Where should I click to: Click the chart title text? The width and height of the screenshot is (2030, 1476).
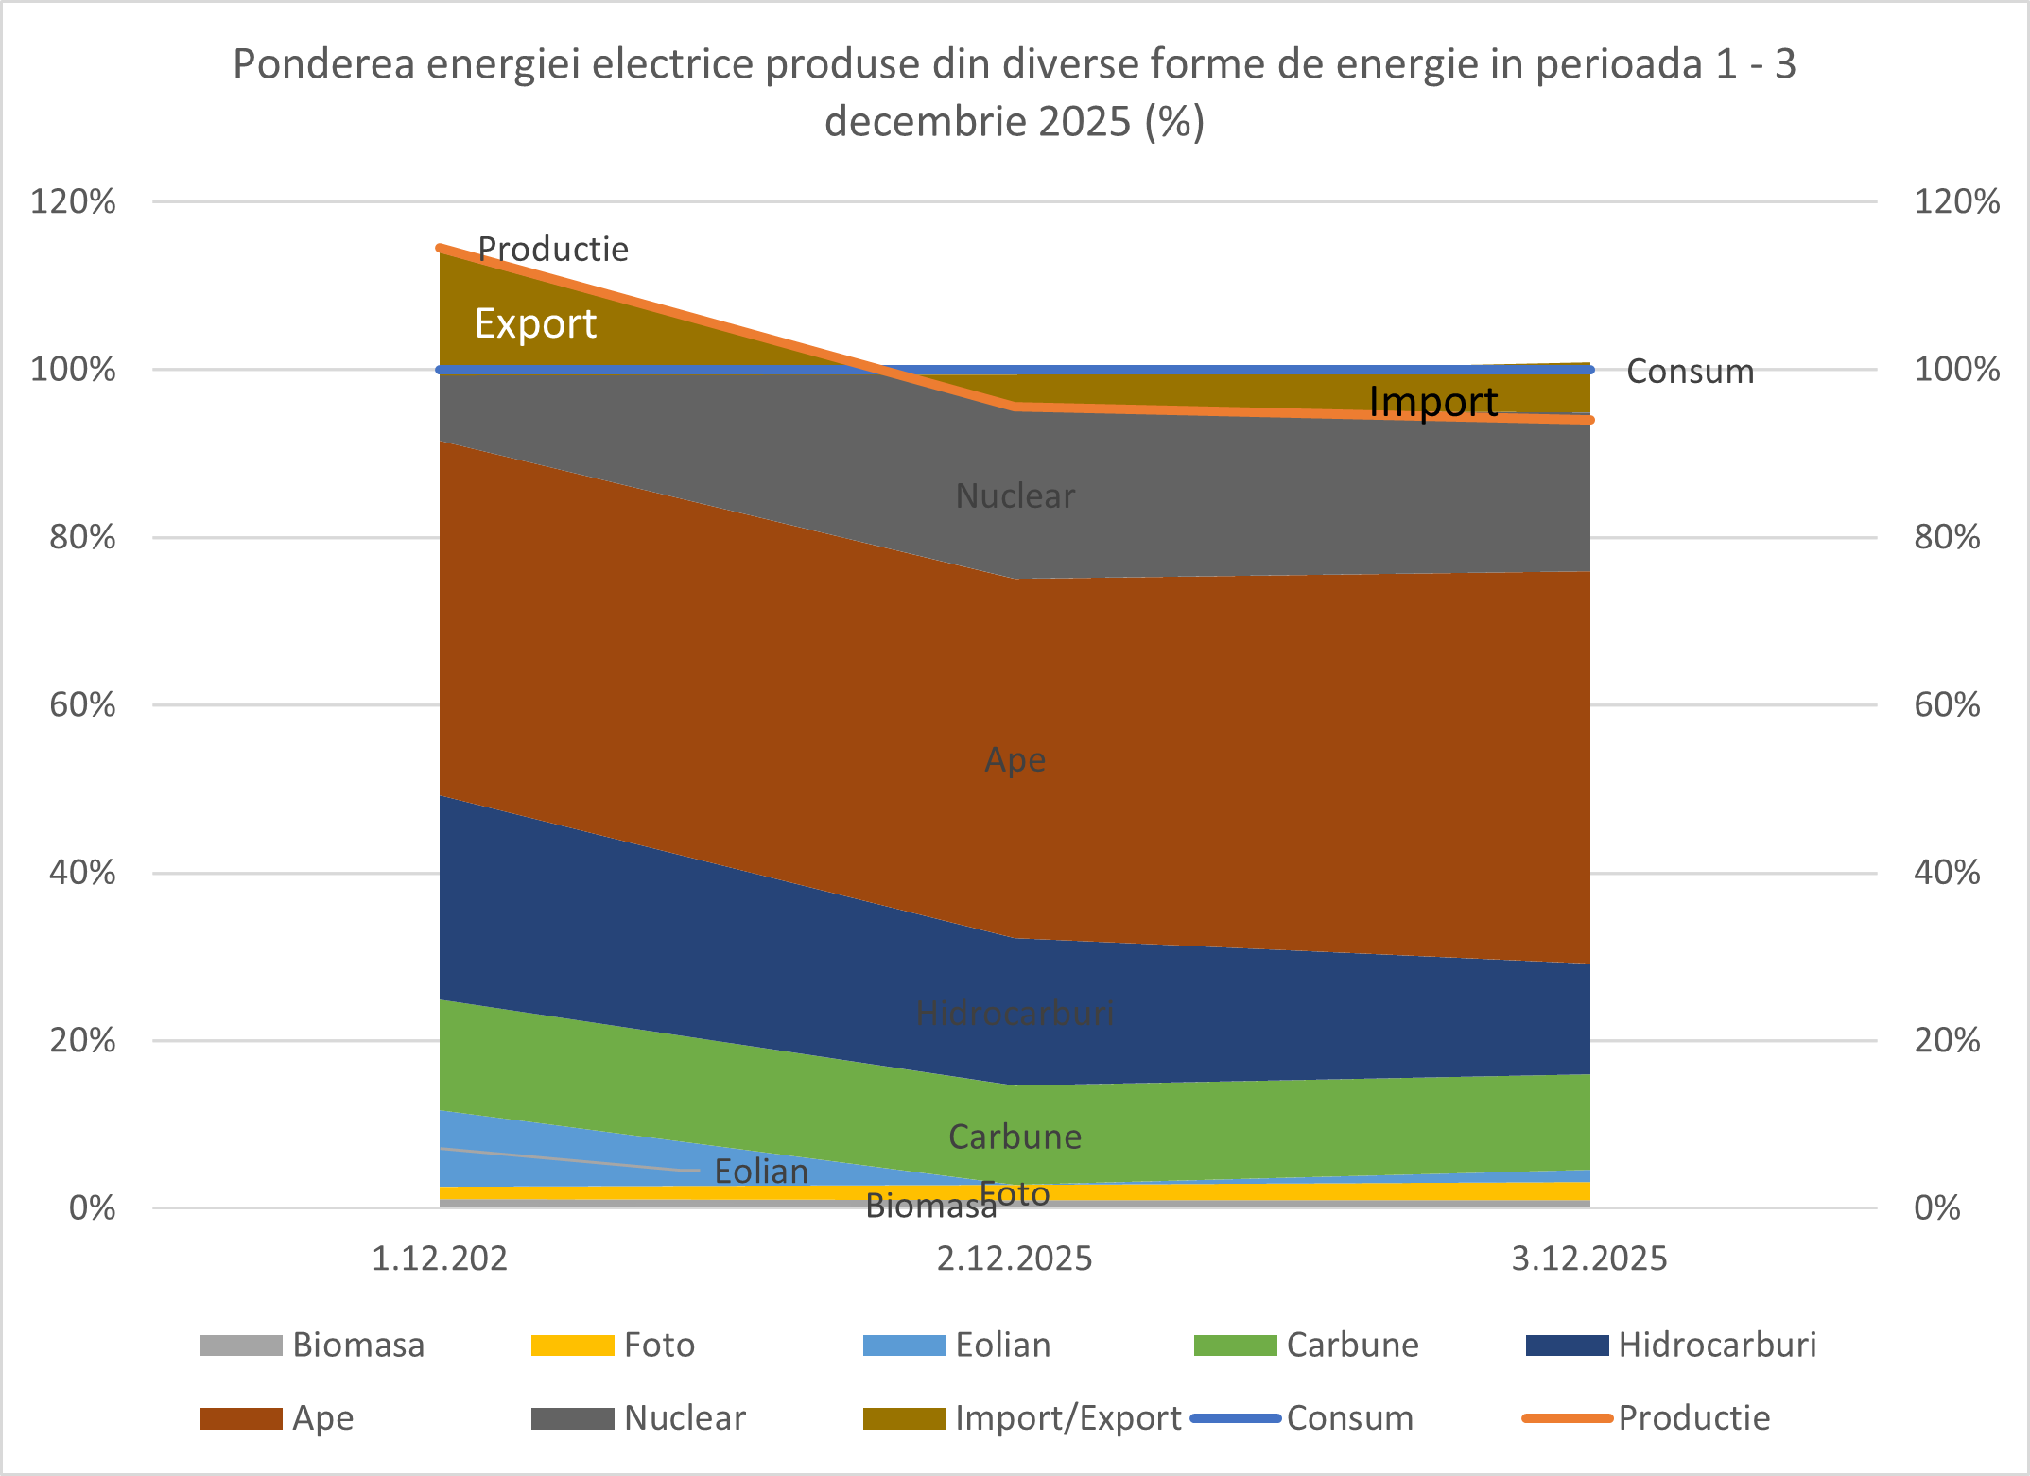(x=1015, y=92)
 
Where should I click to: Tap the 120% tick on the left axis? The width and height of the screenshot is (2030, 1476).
(x=73, y=201)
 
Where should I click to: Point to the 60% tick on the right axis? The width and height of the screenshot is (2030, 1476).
(x=1947, y=704)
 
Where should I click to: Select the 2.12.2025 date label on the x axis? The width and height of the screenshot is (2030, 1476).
(x=1015, y=1259)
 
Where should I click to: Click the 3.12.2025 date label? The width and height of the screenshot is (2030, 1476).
(x=1589, y=1259)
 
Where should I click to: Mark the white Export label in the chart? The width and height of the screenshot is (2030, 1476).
(x=535, y=323)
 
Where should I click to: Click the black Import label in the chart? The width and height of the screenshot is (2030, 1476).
(x=1433, y=402)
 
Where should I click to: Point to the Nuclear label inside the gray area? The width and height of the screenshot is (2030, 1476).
(x=1015, y=495)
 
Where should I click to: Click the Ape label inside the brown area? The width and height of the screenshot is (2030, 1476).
(x=1015, y=759)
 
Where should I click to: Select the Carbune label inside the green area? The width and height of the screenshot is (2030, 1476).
(x=1015, y=1137)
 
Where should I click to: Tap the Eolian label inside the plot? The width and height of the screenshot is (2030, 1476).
(x=761, y=1172)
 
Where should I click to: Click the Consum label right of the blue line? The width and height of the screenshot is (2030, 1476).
(x=1690, y=372)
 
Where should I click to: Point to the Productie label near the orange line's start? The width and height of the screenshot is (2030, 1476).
(x=553, y=249)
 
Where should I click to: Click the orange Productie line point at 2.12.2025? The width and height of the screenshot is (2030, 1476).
(x=1015, y=407)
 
